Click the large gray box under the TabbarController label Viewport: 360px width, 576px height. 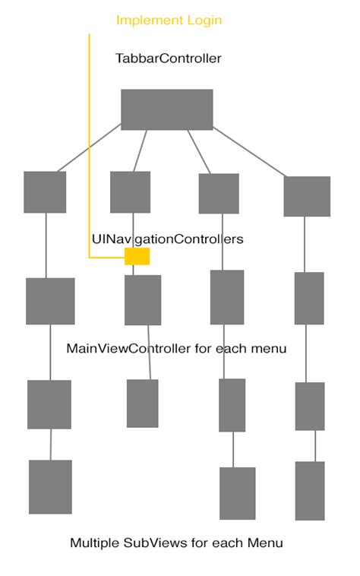(x=166, y=109)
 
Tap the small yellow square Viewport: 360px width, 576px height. (x=137, y=256)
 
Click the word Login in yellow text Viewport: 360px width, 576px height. (x=204, y=21)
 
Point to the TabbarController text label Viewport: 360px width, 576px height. (x=168, y=59)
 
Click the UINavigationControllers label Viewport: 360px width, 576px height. (x=167, y=239)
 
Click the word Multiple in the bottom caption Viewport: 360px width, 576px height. (x=95, y=543)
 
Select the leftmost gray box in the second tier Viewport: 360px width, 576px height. (x=45, y=191)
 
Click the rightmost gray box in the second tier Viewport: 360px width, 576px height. (x=307, y=196)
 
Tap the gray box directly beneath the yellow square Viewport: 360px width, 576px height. (x=143, y=300)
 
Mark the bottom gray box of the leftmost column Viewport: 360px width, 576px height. (x=50, y=486)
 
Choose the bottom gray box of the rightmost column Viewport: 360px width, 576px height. (x=310, y=490)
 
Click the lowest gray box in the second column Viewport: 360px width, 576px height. (x=142, y=403)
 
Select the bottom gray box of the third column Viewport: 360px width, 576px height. (x=237, y=493)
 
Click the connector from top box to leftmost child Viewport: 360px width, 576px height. (x=89, y=147)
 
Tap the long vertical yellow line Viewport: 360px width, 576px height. (x=89, y=144)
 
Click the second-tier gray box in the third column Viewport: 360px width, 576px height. (x=219, y=194)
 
